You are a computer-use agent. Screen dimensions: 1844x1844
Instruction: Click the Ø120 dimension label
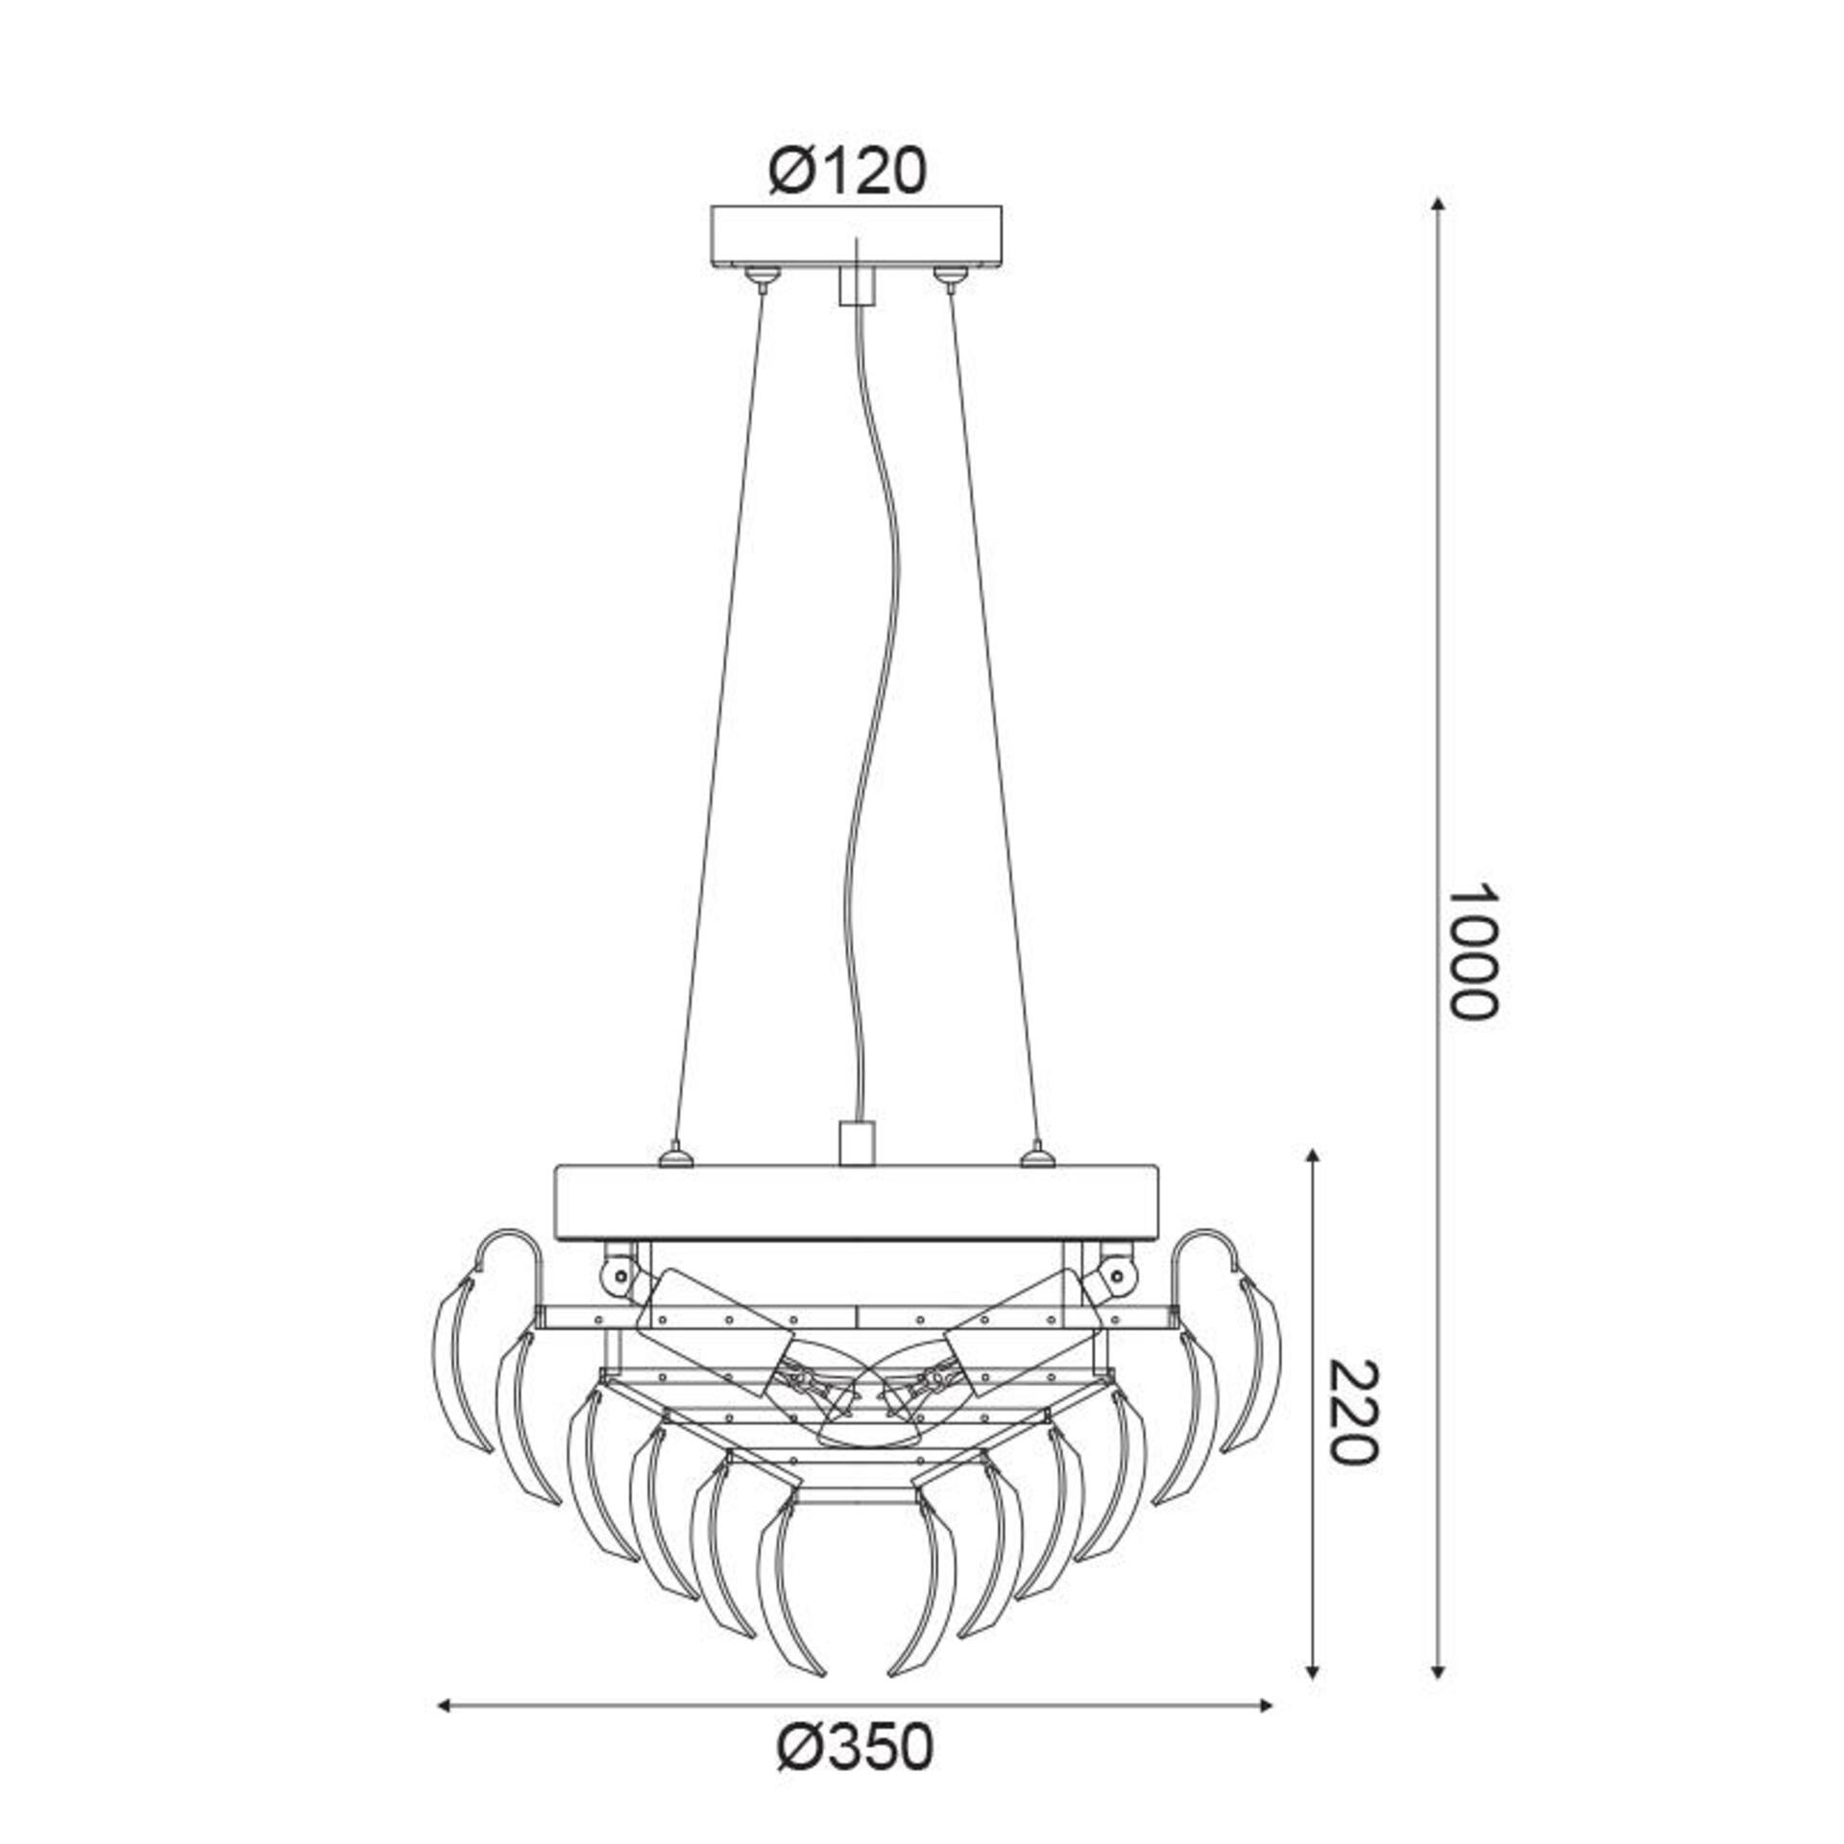[847, 173]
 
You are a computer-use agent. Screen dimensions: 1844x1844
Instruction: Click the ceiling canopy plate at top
[855, 235]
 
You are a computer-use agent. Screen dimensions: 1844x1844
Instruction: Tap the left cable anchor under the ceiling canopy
[761, 278]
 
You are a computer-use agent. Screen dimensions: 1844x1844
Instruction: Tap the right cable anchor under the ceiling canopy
[949, 278]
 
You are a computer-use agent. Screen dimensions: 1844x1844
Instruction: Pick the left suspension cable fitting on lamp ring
[676, 1153]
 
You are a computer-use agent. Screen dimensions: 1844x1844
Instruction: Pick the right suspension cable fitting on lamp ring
[1035, 1153]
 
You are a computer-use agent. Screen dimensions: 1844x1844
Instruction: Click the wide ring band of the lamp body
[855, 1201]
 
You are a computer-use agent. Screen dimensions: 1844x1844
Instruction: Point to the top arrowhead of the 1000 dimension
[1437, 205]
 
